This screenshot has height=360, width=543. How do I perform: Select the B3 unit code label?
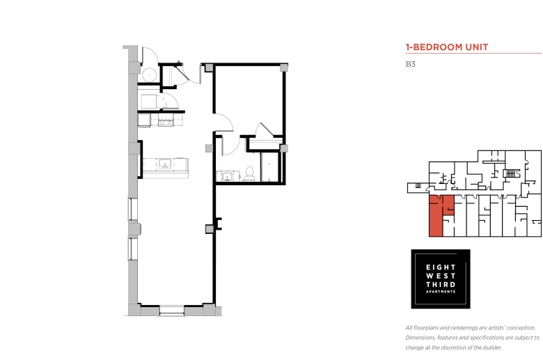pyautogui.click(x=410, y=64)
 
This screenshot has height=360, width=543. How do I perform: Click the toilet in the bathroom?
pyautogui.click(x=249, y=173)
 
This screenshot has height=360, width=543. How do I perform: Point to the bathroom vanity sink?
pyautogui.click(x=227, y=176)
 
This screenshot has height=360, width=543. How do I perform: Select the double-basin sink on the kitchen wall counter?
pyautogui.click(x=166, y=122)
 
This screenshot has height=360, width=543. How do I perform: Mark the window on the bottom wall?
pyautogui.click(x=172, y=311)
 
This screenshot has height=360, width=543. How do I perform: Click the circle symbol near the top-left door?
pyautogui.click(x=150, y=74)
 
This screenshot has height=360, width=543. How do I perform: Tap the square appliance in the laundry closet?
pyautogui.click(x=149, y=101)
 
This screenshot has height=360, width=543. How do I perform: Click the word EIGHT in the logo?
pyautogui.click(x=441, y=267)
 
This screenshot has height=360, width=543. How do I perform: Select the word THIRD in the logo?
pyautogui.click(x=441, y=285)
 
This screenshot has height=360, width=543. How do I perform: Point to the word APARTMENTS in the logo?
pyautogui.click(x=441, y=292)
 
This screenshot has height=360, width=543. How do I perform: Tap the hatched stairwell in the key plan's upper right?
pyautogui.click(x=511, y=173)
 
